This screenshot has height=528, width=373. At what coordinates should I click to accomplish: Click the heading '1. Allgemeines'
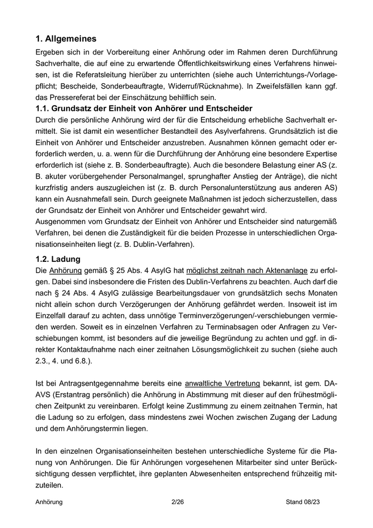coord(66,39)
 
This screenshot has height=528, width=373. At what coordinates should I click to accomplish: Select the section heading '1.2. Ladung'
coord(58,259)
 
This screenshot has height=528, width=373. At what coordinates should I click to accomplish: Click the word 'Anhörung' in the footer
coord(49,502)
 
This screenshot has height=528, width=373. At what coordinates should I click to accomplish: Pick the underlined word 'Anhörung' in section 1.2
coord(66,271)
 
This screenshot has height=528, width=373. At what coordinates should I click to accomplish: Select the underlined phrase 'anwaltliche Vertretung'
coord(222,383)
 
